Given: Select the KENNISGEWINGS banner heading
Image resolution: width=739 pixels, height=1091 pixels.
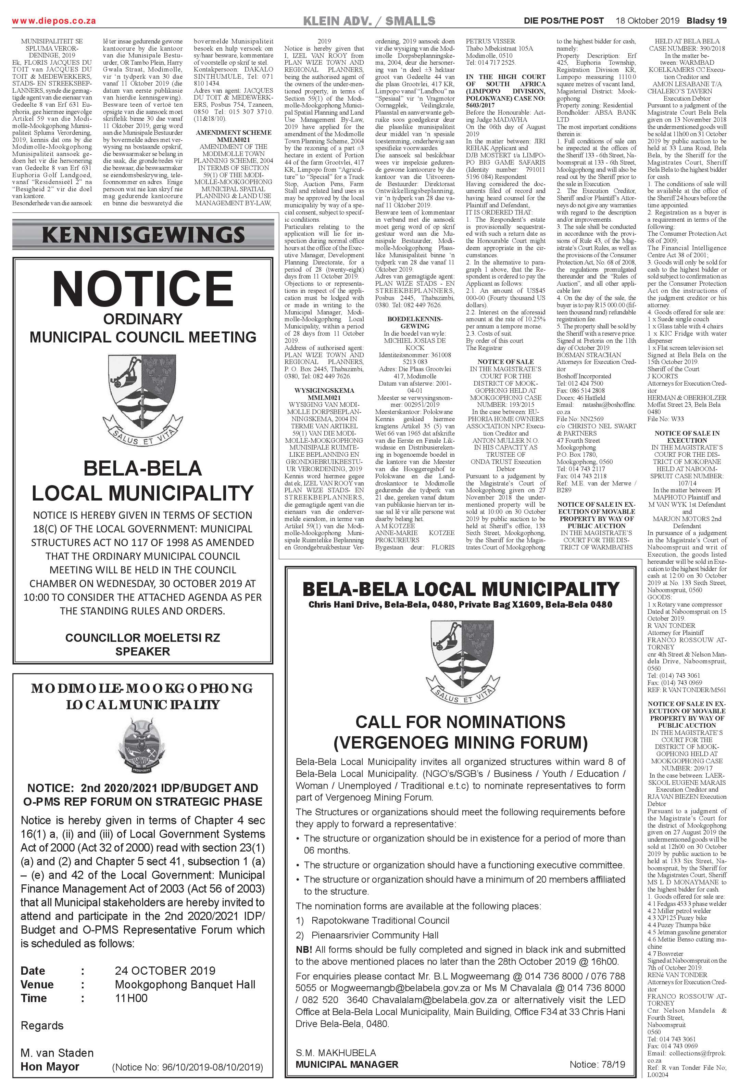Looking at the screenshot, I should (x=143, y=235).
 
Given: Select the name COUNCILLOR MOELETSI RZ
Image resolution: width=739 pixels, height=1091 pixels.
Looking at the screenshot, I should (x=142, y=637).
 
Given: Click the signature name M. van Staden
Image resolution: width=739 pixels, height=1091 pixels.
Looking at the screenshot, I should (x=57, y=1053).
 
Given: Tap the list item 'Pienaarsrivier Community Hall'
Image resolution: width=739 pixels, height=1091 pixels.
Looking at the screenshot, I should (x=375, y=935).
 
